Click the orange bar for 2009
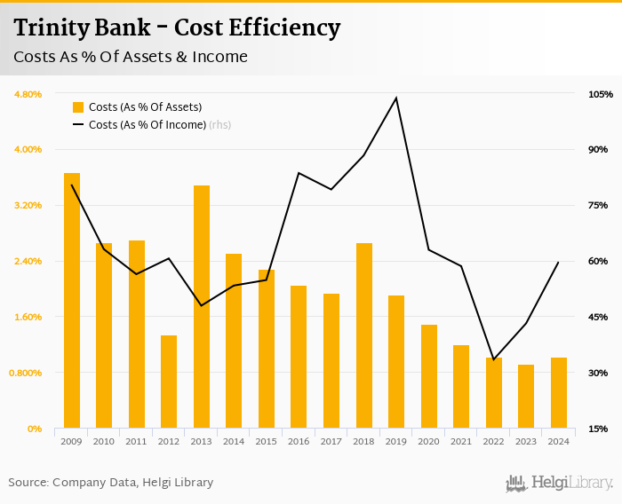pyautogui.click(x=72, y=301)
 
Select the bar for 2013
pyautogui.click(x=202, y=307)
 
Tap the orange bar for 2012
pyautogui.click(x=169, y=382)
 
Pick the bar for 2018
pyautogui.click(x=364, y=335)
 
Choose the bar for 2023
pyautogui.click(x=526, y=397)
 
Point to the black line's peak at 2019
pyautogui.click(x=396, y=98)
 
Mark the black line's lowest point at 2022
pyautogui.click(x=494, y=359)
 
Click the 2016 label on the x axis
pyautogui.click(x=299, y=441)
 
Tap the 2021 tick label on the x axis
pyautogui.click(x=461, y=441)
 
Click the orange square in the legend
pyautogui.click(x=78, y=107)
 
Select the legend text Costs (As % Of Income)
pyautogui.click(x=147, y=125)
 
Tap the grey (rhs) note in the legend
pyautogui.click(x=219, y=125)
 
